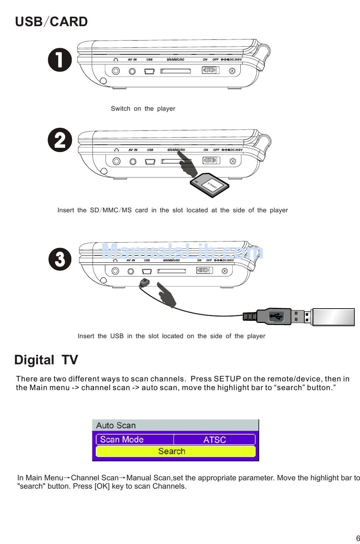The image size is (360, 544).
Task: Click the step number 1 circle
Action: [60, 60]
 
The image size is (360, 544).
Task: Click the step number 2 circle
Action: [60, 140]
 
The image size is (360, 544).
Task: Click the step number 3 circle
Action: [60, 259]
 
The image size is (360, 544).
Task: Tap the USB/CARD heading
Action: [51, 22]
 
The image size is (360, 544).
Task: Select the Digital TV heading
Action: [46, 360]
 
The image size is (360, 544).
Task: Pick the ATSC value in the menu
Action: [214, 439]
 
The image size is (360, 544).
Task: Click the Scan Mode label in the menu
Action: [122, 439]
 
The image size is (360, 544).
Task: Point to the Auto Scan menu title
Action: [116, 425]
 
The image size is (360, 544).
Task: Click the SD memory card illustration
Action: [210, 185]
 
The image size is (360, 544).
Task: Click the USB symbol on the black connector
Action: [275, 316]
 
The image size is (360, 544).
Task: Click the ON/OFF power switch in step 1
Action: [210, 70]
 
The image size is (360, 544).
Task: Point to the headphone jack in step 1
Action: [116, 71]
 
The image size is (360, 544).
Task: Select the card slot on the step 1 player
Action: [175, 71]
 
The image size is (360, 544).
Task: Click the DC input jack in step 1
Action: [232, 71]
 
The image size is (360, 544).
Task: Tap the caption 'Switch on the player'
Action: [143, 108]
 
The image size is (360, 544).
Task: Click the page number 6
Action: [357, 538]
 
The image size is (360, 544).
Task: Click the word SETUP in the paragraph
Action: [227, 379]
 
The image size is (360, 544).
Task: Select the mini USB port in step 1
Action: [149, 71]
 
